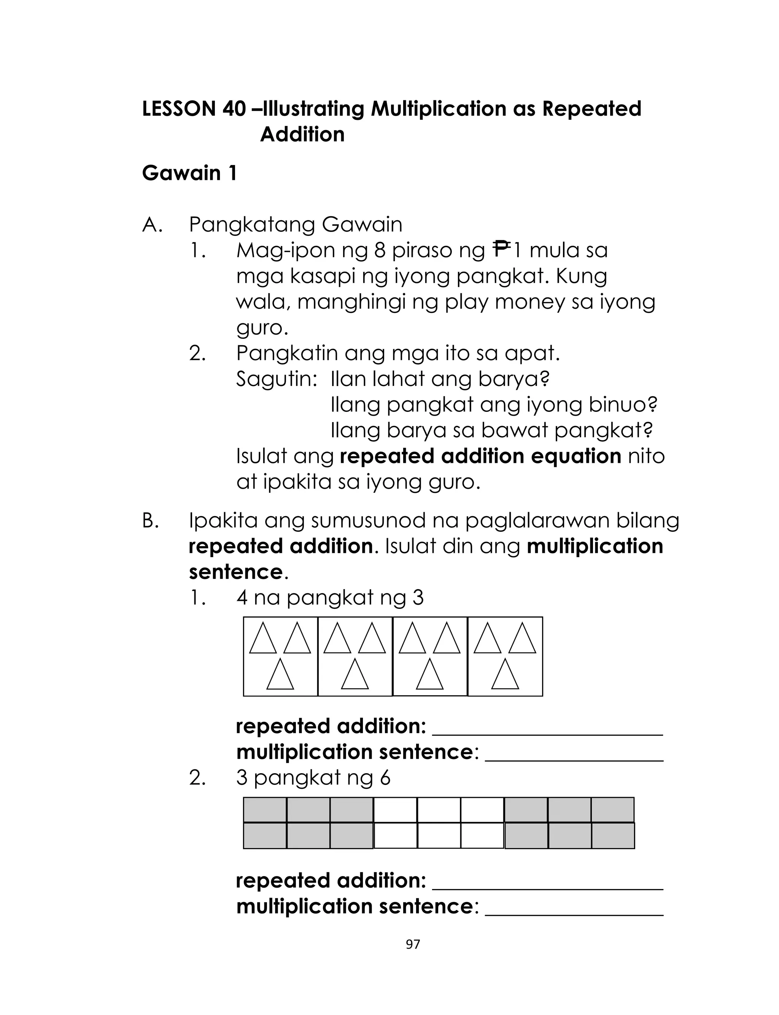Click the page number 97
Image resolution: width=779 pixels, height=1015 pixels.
(x=412, y=944)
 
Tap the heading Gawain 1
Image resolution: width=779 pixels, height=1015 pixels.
(x=189, y=173)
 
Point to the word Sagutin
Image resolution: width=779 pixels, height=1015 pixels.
(x=275, y=379)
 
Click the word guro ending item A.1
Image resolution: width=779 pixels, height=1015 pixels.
(x=262, y=328)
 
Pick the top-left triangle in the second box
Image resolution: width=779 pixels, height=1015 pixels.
(x=337, y=638)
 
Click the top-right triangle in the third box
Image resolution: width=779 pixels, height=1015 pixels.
(x=447, y=638)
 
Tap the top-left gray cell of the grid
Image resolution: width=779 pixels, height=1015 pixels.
(x=265, y=810)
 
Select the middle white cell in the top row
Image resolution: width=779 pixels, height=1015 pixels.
(x=439, y=810)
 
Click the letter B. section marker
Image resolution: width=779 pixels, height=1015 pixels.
(x=150, y=521)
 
